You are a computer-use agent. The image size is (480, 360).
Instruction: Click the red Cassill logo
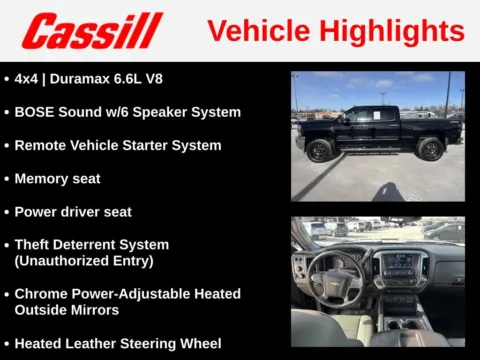[91, 31]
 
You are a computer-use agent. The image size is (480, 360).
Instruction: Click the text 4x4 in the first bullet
[28, 79]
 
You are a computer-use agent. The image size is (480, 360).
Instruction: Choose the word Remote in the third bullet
[42, 145]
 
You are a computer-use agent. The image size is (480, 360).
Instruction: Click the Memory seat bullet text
[57, 179]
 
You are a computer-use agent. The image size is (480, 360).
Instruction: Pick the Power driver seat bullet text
[73, 212]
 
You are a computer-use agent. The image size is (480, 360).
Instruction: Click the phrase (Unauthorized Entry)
[84, 260]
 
